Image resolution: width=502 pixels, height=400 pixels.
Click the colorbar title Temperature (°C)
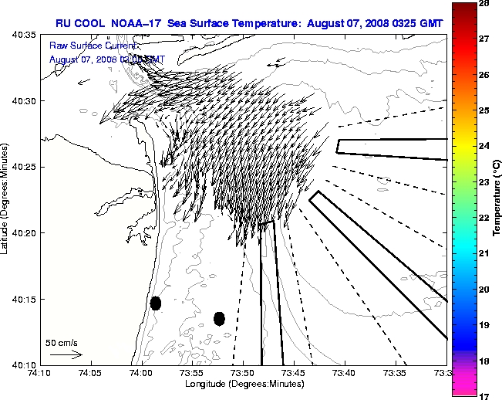pyautogui.click(x=498, y=200)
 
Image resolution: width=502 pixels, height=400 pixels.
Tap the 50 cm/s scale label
pyautogui.click(x=62, y=342)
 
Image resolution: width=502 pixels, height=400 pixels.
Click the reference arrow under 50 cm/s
pyautogui.click(x=66, y=354)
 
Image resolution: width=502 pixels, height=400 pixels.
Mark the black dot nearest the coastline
pyautogui.click(x=155, y=303)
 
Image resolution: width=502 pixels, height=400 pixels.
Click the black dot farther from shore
pyautogui.click(x=219, y=318)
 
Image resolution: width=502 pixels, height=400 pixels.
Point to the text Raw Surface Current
pyautogui.click(x=87, y=46)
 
